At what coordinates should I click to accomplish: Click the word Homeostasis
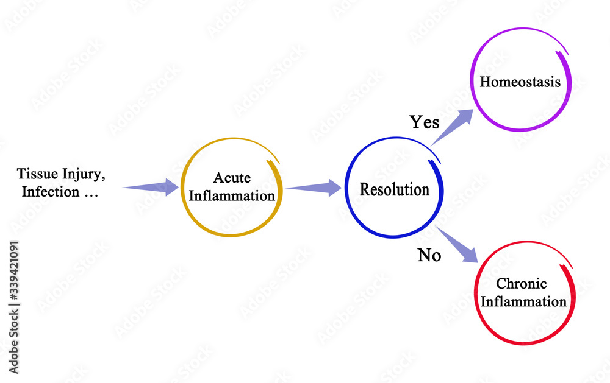520,82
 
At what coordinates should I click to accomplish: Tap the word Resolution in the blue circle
394,189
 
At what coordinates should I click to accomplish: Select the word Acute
232,178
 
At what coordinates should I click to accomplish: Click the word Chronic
521,284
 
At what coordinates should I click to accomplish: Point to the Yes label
424,122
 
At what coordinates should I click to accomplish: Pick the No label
429,256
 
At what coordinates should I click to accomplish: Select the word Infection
51,192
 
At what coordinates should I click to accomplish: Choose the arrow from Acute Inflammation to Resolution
314,188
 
